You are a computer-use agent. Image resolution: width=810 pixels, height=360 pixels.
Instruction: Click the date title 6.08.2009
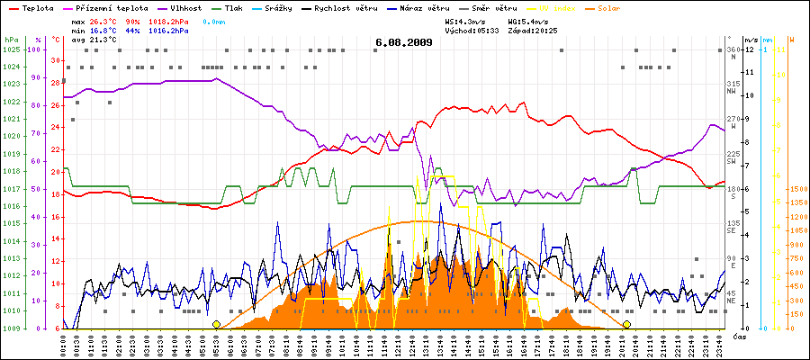[x=404, y=41]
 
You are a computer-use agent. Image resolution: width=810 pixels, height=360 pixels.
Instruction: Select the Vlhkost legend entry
[x=185, y=7]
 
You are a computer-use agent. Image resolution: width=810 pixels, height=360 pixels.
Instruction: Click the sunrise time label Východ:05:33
[x=472, y=30]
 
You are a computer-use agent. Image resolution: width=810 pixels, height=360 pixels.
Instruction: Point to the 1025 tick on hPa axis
[x=11, y=49]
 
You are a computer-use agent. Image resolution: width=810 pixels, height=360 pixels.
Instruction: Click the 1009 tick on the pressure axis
[x=11, y=328]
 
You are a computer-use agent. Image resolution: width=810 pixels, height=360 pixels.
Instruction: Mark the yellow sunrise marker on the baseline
[x=216, y=324]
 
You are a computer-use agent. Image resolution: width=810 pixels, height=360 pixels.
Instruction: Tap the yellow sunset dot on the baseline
[x=626, y=324]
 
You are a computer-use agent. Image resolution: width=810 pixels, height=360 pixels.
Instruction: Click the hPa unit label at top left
[x=10, y=40]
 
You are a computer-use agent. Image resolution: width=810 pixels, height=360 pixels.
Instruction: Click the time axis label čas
[x=738, y=336]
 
